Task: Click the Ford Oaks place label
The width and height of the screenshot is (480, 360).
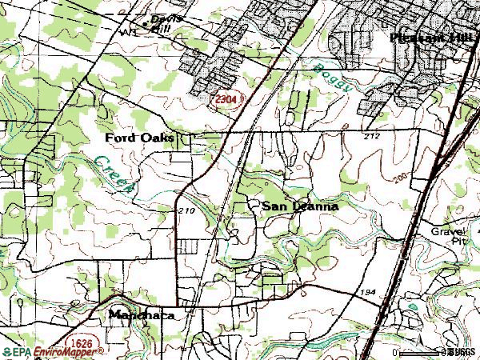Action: (x=139, y=138)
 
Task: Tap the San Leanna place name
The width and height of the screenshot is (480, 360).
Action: (x=300, y=206)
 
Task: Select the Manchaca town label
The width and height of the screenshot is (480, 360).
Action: (x=141, y=314)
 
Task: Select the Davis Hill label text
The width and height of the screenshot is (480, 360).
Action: (x=166, y=22)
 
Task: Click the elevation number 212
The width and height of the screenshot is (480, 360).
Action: (x=370, y=137)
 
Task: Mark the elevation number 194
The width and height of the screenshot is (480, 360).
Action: (x=367, y=292)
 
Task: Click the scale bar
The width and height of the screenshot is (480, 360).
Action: (x=420, y=352)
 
